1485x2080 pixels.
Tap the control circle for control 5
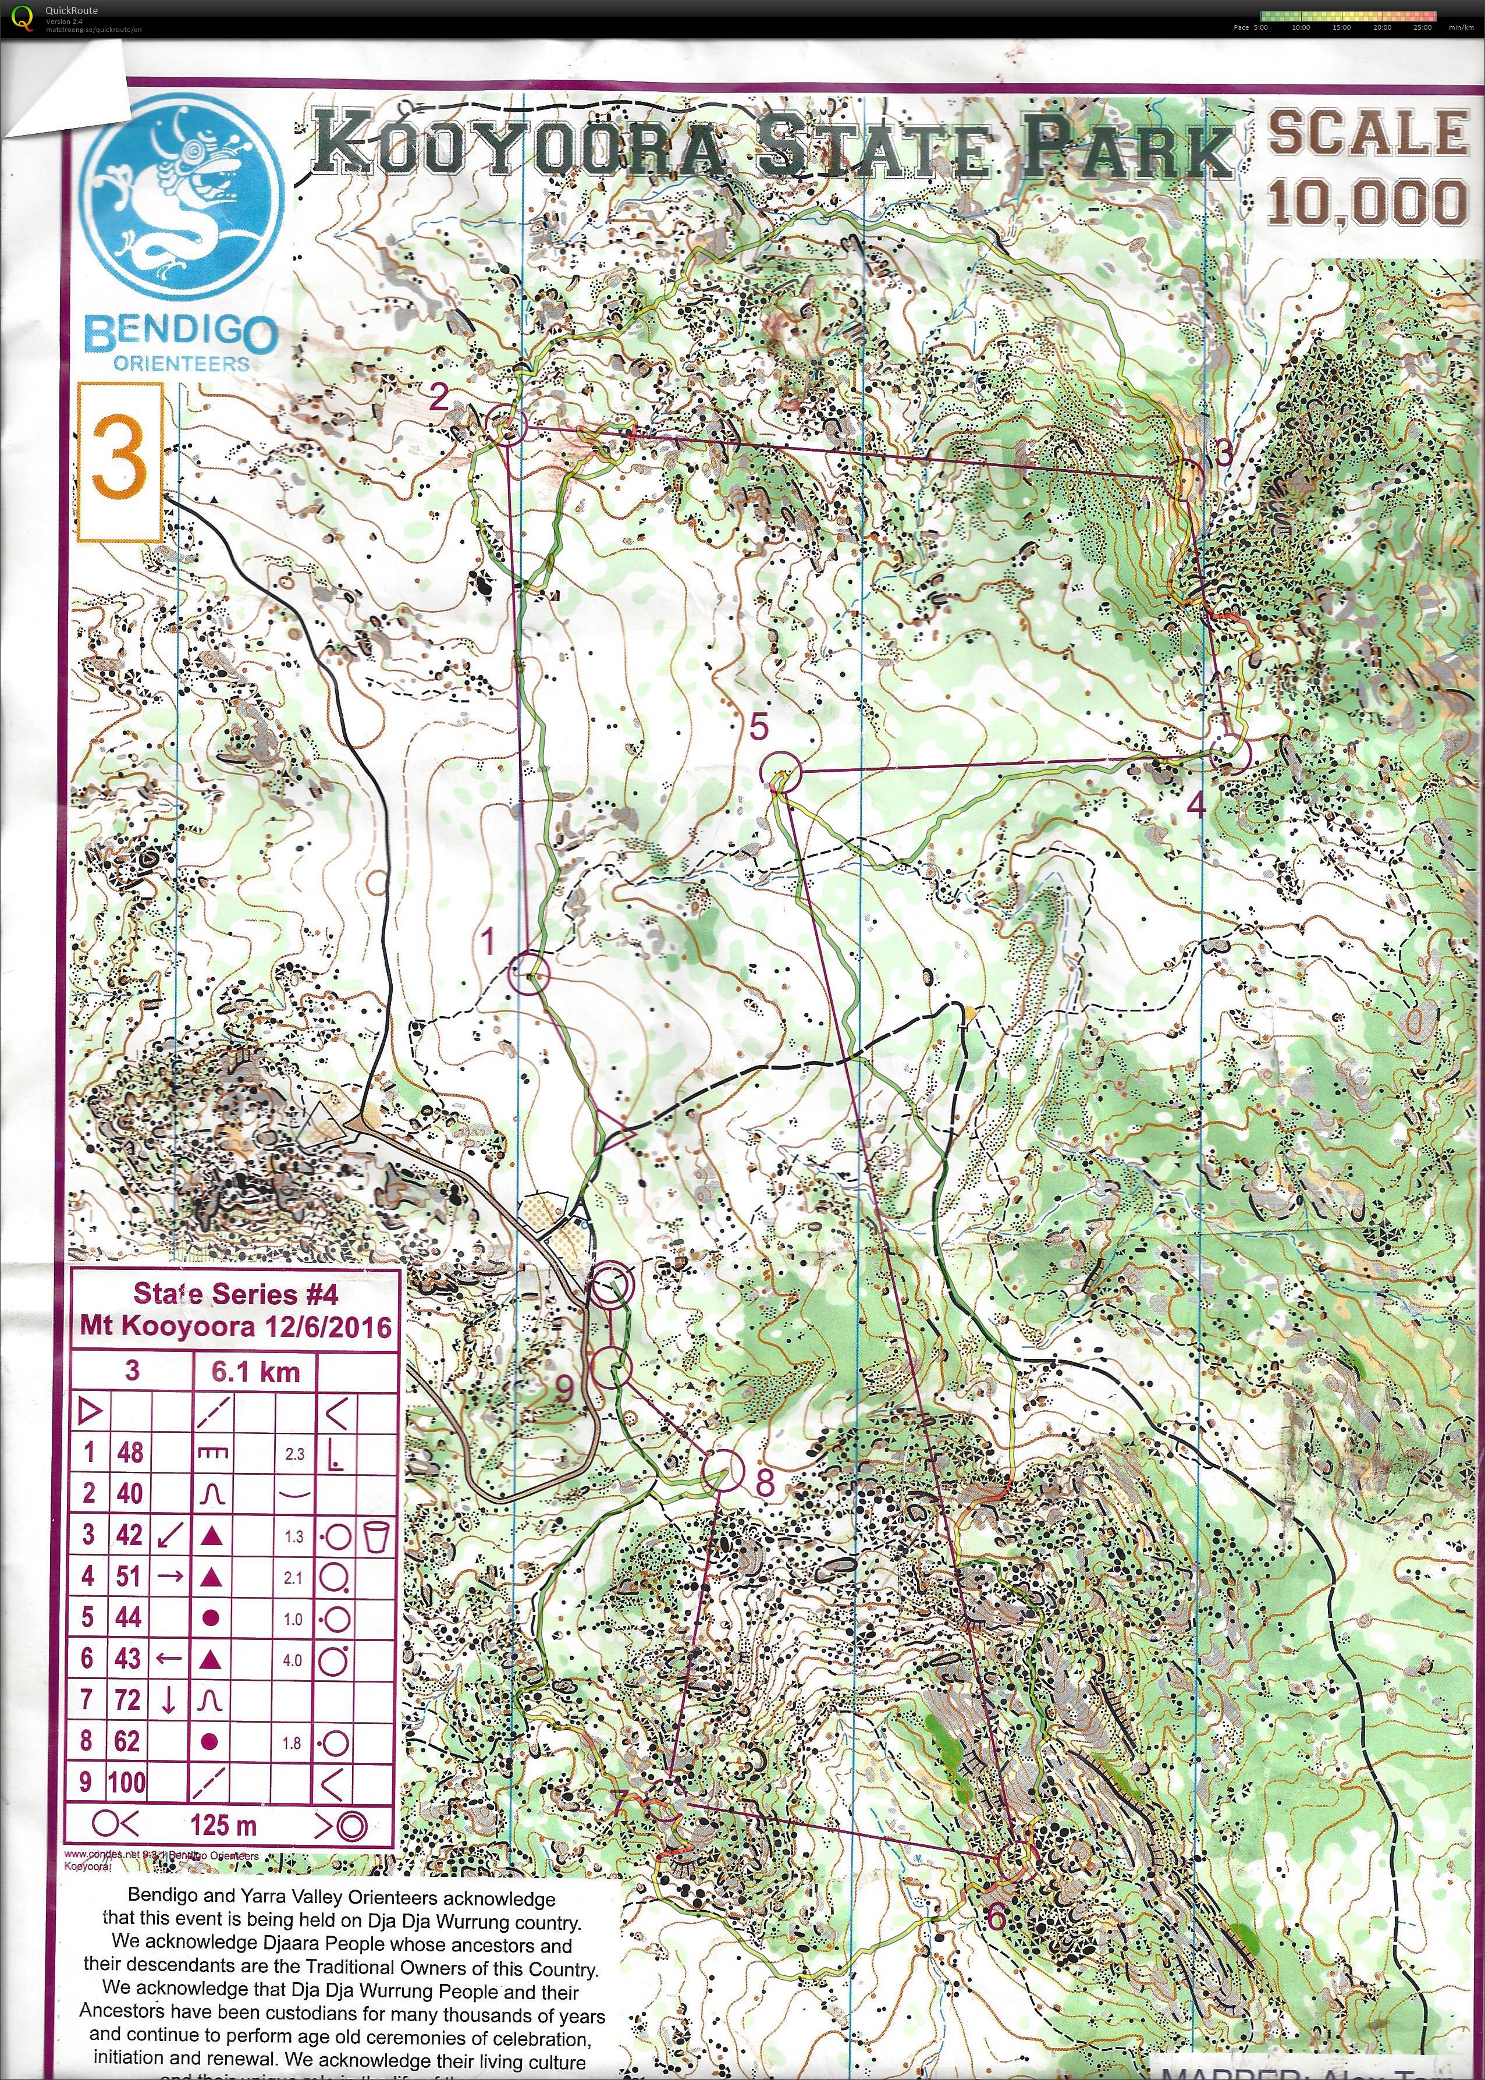click(780, 772)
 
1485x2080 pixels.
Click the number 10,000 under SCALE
click(1367, 203)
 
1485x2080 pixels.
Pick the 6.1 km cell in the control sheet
click(255, 1371)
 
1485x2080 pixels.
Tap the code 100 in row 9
click(126, 1782)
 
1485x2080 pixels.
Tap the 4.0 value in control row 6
click(292, 1659)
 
